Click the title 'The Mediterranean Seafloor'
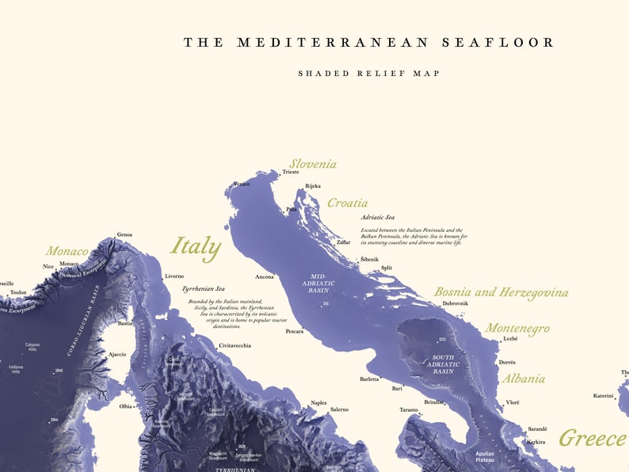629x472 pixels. (369, 43)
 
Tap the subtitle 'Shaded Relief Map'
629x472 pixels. (369, 74)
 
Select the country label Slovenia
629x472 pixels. (312, 164)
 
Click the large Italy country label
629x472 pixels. (196, 246)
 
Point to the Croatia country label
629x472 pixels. (347, 203)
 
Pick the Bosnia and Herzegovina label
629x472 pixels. (501, 292)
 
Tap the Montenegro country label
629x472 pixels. (517, 328)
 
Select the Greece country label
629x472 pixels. (592, 438)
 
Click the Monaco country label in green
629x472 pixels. (67, 251)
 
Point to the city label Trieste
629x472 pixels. (291, 172)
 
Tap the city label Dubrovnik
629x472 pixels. (455, 303)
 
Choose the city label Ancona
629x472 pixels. (265, 277)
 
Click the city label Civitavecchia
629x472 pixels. (235, 346)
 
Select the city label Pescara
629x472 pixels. (295, 331)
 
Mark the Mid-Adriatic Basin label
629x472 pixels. (319, 283)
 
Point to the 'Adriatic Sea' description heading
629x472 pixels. (377, 217)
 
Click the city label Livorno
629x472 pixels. (174, 276)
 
